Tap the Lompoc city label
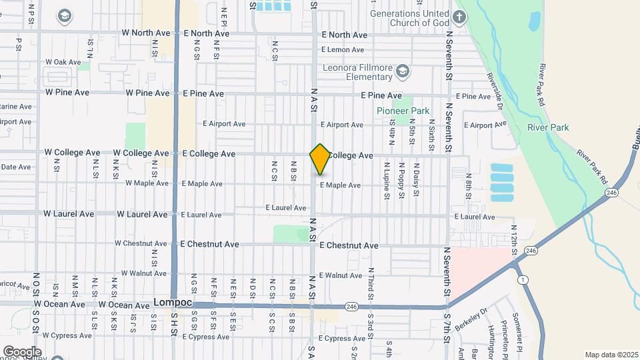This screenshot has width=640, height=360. click(x=173, y=302)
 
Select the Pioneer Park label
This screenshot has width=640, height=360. click(x=403, y=111)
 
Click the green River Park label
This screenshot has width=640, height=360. click(x=547, y=127)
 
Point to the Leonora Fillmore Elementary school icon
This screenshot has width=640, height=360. click(x=403, y=70)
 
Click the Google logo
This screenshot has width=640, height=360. click(x=21, y=351)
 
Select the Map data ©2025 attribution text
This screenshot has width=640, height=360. click(x=611, y=355)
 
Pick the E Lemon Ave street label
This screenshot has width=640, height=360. click(x=342, y=49)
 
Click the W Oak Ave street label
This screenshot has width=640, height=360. click(x=63, y=62)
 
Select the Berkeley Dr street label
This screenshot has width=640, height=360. click(x=471, y=317)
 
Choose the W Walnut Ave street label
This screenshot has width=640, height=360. click(x=136, y=273)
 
